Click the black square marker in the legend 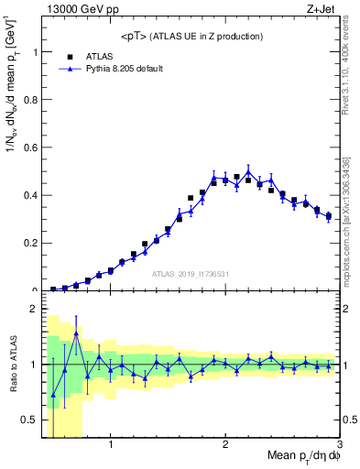pyautogui.click(x=67, y=56)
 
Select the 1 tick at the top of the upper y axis pyautogui.click(x=34, y=52)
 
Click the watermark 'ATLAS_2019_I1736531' pyautogui.click(x=191, y=274)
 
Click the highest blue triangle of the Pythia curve pyautogui.click(x=248, y=172)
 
